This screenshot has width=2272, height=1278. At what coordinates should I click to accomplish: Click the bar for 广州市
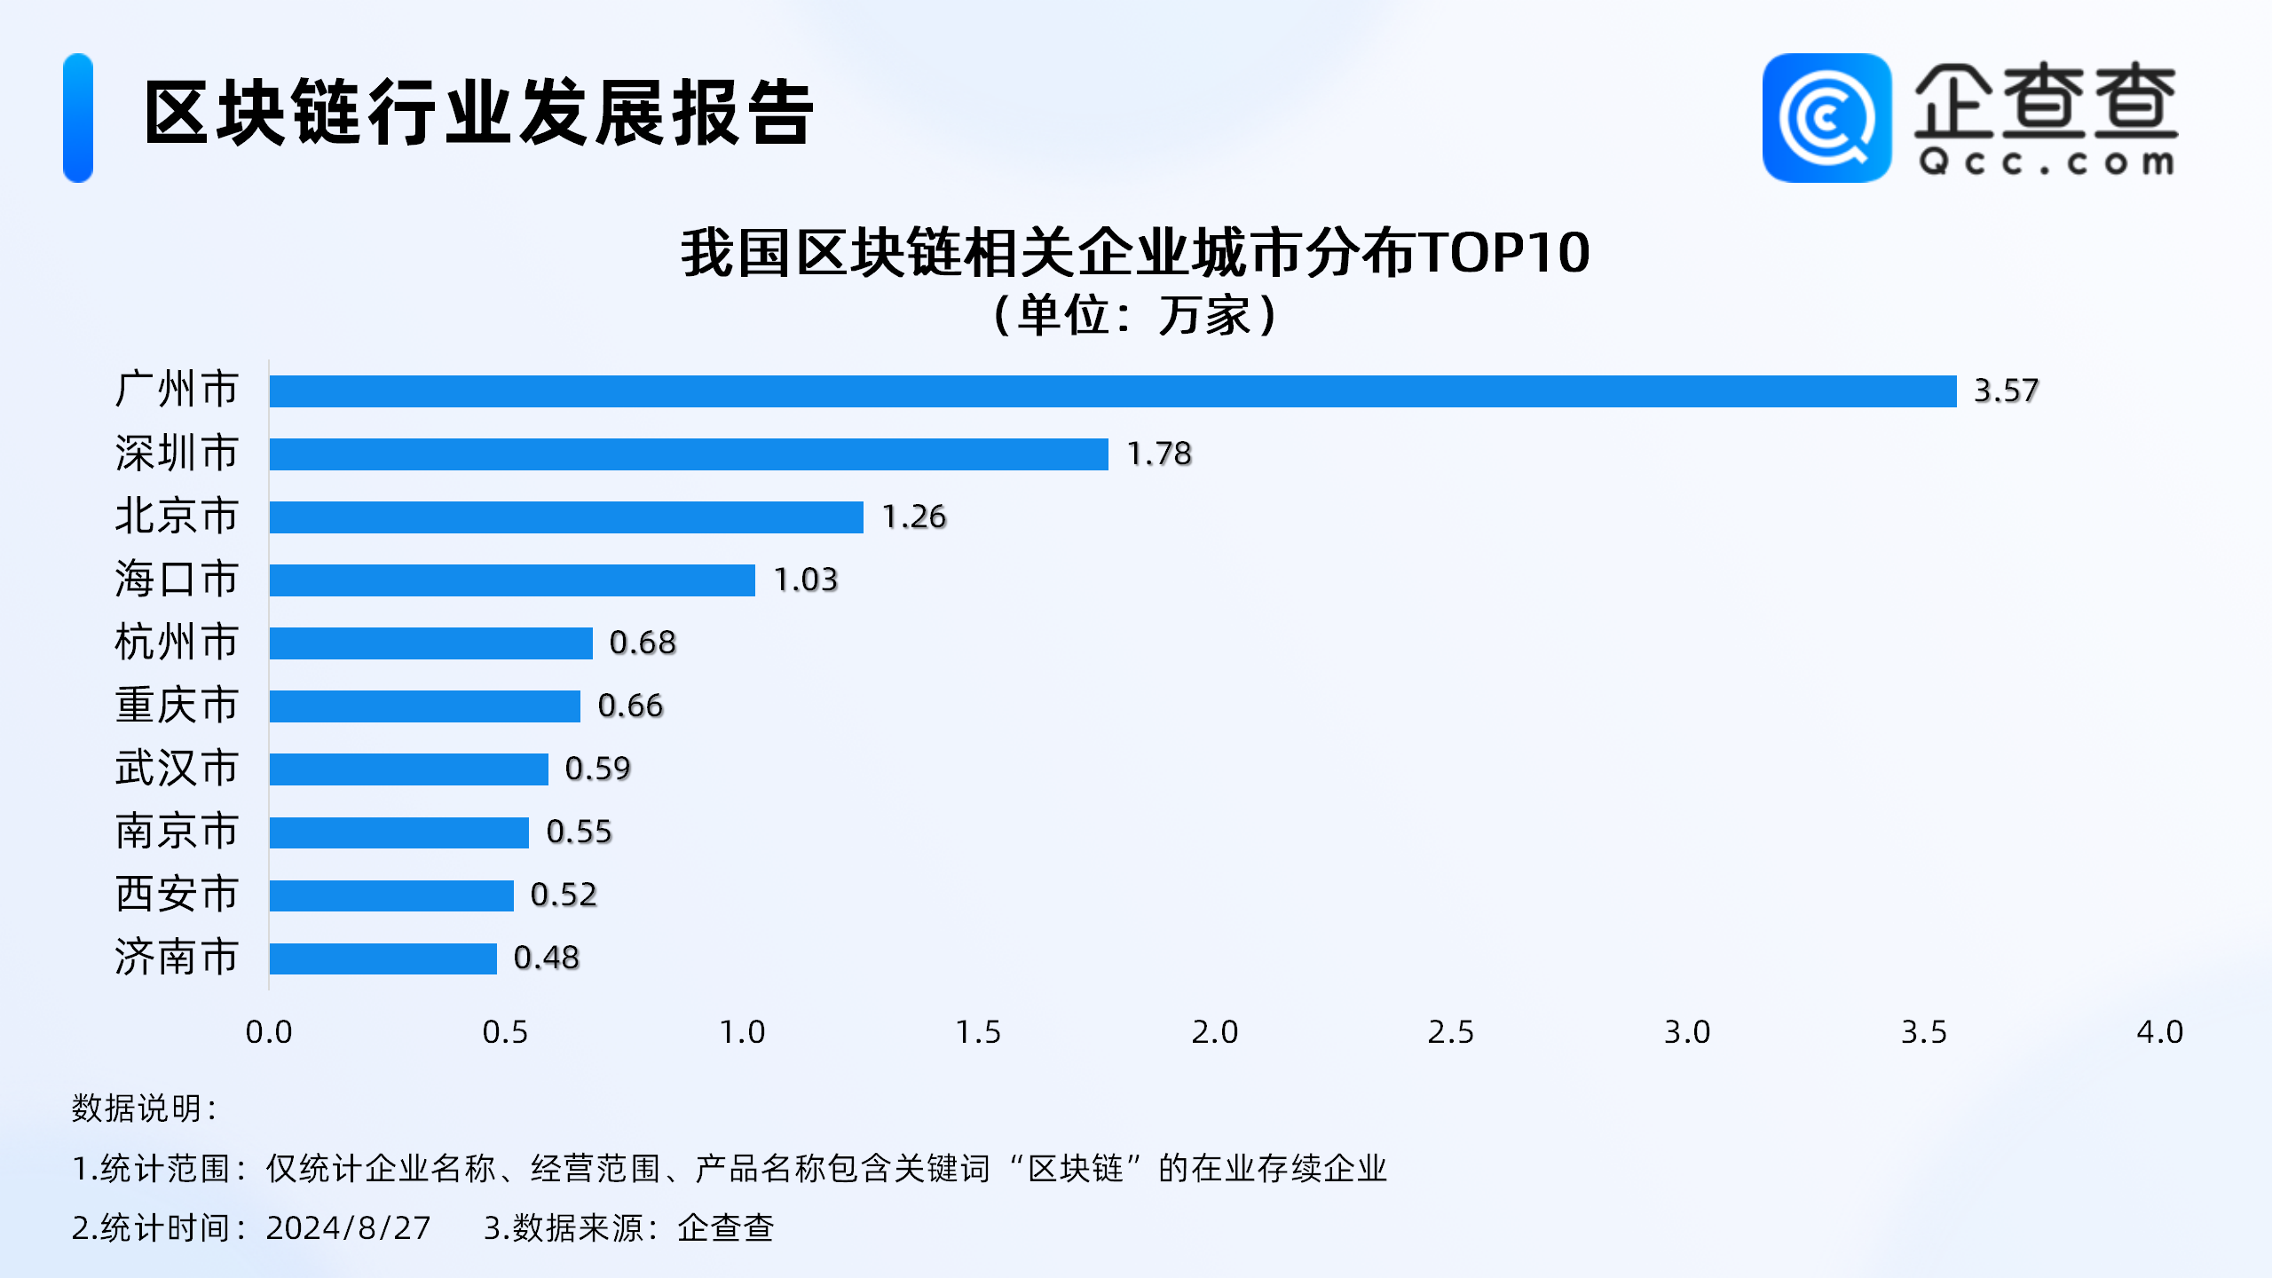coord(1112,391)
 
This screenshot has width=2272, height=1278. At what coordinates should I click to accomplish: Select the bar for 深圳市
coord(689,454)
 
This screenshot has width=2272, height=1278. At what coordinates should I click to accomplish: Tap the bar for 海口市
coord(512,580)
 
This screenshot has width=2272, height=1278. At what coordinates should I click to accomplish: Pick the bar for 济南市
coord(383,958)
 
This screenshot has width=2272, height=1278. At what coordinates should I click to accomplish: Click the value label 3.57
coord(2006,391)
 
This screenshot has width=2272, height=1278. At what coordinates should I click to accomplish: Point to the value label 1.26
coord(914,517)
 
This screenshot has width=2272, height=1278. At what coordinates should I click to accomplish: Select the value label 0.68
coord(643,643)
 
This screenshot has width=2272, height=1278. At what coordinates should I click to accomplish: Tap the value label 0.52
coord(564,895)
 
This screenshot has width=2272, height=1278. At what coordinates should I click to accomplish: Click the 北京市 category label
coord(177,517)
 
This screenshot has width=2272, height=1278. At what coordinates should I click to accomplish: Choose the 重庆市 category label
coord(177,706)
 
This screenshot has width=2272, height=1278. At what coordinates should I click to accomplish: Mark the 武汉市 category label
coord(177,769)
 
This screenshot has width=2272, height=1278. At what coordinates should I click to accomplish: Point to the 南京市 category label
coord(177,832)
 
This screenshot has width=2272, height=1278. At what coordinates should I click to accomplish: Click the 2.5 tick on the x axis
coord(1450,1033)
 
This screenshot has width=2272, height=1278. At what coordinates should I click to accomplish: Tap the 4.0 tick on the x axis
coord(2159,1033)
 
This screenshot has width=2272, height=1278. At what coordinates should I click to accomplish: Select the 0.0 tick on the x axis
coord(269,1033)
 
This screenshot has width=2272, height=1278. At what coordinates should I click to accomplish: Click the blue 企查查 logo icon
coord(1826,118)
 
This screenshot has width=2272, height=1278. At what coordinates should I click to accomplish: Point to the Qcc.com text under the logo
coord(2046,163)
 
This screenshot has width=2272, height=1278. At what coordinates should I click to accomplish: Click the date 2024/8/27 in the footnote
coord(348,1229)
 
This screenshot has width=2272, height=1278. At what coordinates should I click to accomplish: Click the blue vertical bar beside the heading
coord(78,118)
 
